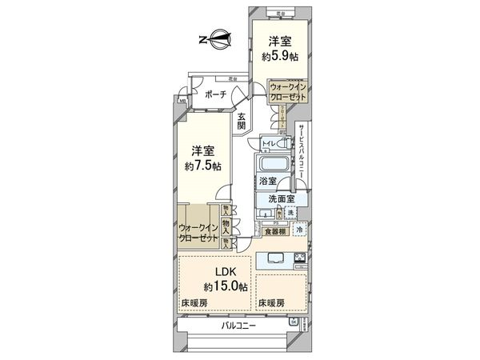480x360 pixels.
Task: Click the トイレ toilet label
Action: [268, 143]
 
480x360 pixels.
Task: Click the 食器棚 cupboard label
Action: [276, 230]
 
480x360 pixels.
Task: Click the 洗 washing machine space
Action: [290, 212]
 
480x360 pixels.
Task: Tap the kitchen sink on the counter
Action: [271, 258]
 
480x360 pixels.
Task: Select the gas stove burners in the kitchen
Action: [300, 258]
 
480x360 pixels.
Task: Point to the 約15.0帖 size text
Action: [225, 286]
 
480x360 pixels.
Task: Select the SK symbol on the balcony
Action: [293, 322]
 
